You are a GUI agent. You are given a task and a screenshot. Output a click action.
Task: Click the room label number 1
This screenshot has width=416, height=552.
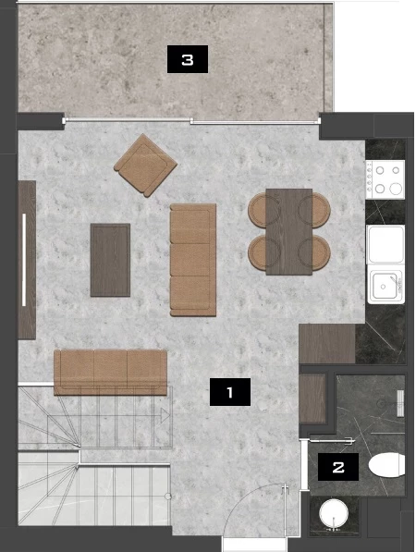(230, 392)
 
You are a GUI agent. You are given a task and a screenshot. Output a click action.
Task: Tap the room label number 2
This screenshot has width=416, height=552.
(338, 467)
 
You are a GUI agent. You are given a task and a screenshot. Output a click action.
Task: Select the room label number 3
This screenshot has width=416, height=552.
(188, 59)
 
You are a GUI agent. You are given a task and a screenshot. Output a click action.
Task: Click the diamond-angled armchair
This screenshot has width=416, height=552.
(145, 166)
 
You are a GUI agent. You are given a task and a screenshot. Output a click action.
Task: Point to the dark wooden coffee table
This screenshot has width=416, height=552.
(110, 260)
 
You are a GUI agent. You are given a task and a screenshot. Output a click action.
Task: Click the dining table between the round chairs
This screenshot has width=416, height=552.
(289, 232)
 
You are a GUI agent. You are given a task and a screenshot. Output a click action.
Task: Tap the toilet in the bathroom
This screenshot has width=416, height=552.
(386, 465)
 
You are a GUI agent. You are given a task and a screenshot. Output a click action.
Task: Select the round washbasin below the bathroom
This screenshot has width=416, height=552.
(334, 512)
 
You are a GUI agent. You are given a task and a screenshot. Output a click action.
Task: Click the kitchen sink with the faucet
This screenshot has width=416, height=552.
(385, 285)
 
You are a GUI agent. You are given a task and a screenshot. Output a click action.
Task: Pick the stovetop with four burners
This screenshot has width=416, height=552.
(385, 179)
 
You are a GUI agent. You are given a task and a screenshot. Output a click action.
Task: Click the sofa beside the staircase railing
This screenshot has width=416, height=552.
(110, 372)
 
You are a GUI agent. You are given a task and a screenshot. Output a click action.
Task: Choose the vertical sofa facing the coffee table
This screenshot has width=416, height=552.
(193, 260)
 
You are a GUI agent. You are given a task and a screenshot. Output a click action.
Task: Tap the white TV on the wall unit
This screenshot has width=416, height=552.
(24, 260)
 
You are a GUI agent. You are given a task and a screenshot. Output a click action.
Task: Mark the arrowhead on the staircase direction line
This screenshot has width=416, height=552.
(165, 415)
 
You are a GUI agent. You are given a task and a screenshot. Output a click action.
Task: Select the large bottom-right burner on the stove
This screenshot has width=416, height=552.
(396, 189)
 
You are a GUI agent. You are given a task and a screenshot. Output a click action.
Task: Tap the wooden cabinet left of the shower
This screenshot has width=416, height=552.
(312, 399)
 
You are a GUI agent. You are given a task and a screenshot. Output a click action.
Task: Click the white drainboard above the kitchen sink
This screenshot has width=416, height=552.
(385, 244)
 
